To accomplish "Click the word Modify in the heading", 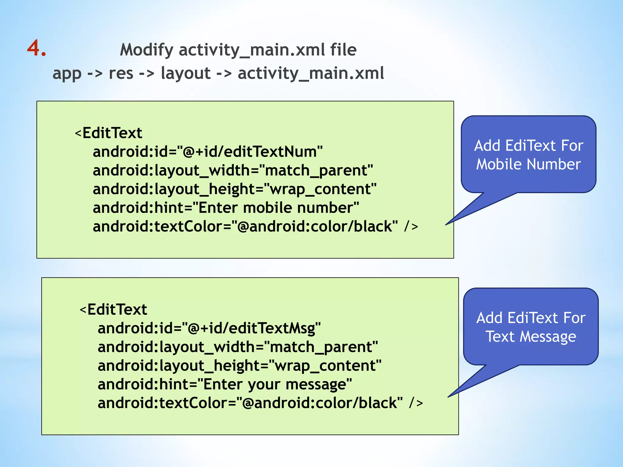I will pos(147,50).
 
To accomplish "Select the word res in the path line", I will pos(121,73).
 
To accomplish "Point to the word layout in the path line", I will pos(186,73).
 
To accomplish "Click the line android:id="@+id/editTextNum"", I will pos(207,151).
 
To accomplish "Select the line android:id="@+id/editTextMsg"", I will pos(209,328).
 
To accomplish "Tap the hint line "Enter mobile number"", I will pos(226,208).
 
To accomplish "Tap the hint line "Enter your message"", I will pos(224,384).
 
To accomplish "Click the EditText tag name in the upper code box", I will pos(112,133).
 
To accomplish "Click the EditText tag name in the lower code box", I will pos(117,310).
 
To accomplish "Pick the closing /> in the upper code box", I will pos(411,227).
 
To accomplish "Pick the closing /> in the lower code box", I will pos(416,403).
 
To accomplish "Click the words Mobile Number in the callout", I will pos(528,164).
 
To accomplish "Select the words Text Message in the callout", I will pos(531,337).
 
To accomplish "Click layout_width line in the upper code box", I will pos(233,170).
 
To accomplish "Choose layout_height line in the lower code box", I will pos(239,365).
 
